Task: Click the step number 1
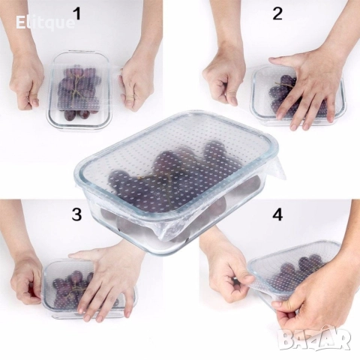click(x=77, y=13)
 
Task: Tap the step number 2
click(x=277, y=13)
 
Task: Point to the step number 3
click(x=76, y=214)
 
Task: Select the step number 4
click(x=277, y=214)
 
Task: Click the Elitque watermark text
click(x=45, y=23)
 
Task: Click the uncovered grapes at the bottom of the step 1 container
click(x=77, y=114)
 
